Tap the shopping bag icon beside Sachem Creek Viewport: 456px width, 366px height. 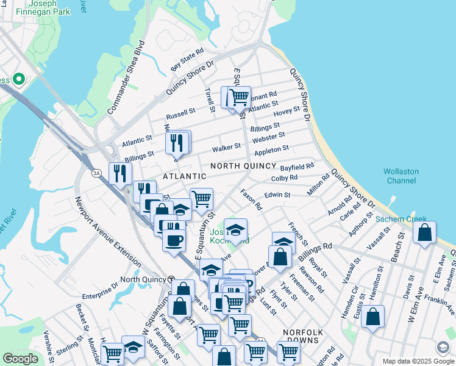coord(424,232)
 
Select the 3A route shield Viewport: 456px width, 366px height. coord(96,173)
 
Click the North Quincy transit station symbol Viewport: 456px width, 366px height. coord(171,279)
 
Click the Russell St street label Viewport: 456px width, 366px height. coord(180,114)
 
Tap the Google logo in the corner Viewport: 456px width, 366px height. coord(20,359)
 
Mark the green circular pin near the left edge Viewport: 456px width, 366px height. coord(19,79)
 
